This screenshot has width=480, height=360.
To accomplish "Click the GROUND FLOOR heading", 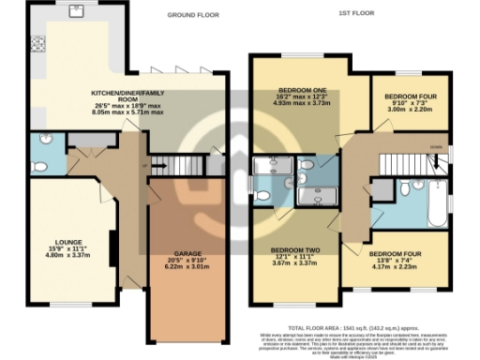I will pyautogui.click(x=193, y=16).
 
